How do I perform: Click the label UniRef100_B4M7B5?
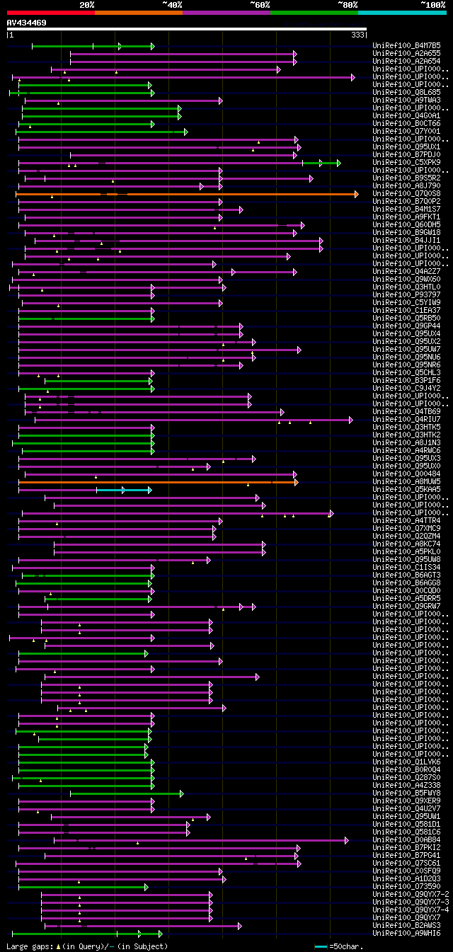coord(396,46)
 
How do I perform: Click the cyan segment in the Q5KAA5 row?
coord(124,490)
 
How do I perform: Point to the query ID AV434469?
coord(27,23)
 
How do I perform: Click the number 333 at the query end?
coord(357,35)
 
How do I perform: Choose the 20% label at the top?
coord(87,4)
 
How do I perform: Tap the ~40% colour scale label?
coord(172,4)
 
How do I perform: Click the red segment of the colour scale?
coord(50,12)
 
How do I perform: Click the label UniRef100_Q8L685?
coord(396,93)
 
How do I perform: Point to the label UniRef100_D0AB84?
coord(396,840)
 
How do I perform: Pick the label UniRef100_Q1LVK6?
coord(396,762)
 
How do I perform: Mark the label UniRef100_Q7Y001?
coord(396,132)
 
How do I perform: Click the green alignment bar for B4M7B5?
coord(92,46)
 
